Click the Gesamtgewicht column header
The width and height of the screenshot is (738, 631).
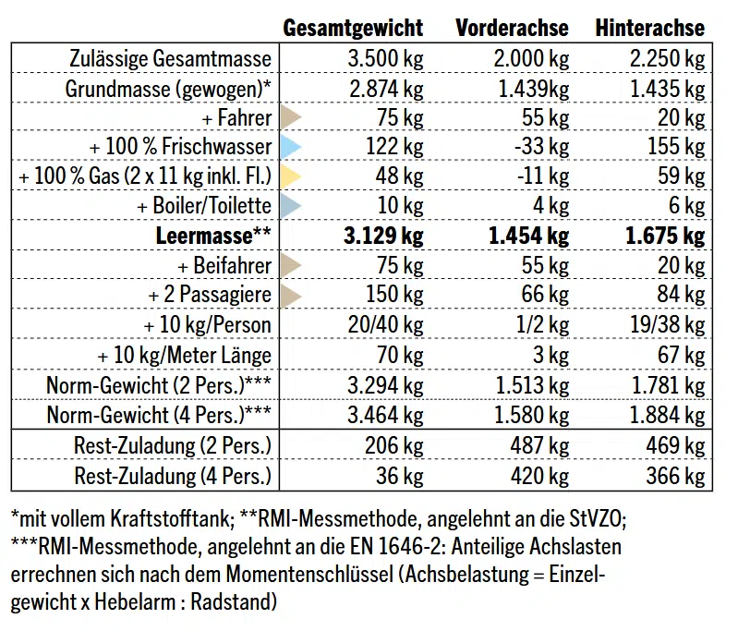[353, 28]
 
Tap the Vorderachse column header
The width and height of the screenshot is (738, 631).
[512, 28]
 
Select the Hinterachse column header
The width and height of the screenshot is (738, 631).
[650, 28]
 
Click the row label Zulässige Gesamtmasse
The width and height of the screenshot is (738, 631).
[170, 59]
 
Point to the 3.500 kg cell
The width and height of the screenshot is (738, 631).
[385, 59]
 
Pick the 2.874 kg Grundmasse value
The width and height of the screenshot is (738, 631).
[386, 89]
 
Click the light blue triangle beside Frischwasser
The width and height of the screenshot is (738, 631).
[291, 147]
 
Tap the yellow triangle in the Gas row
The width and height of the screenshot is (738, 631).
[291, 176]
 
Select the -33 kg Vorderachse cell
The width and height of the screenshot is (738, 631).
[542, 147]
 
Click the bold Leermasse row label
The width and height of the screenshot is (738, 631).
[213, 236]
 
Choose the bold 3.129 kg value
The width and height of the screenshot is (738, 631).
[383, 236]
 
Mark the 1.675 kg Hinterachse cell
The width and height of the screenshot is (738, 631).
[665, 236]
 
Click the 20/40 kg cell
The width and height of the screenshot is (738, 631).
[385, 325]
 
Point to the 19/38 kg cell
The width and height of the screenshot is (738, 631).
[668, 325]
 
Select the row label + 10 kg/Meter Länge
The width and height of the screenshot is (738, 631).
[184, 355]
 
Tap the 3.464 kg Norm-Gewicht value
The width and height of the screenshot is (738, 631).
[385, 415]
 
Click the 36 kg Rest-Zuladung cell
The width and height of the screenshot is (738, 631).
[400, 476]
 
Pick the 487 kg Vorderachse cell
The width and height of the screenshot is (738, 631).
[539, 445]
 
